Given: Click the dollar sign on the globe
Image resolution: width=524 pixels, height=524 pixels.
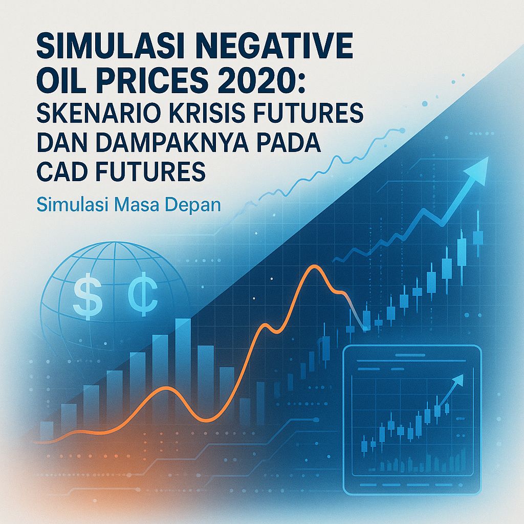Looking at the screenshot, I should coord(83,298).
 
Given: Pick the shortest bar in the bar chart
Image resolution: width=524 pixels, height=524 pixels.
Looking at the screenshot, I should coord(46,429).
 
